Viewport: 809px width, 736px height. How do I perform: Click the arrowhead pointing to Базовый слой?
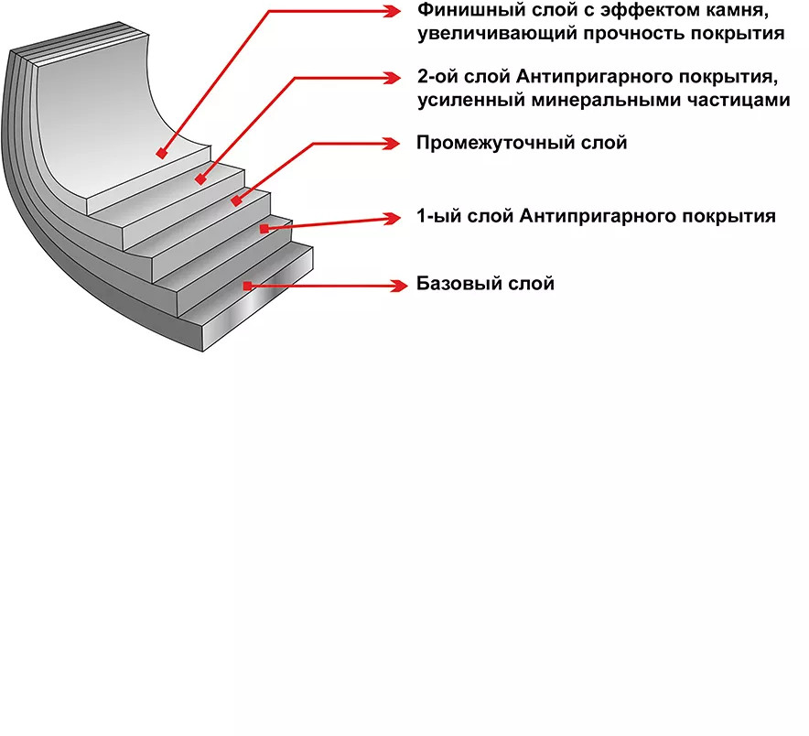click(396, 286)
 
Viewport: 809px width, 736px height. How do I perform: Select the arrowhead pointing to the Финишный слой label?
click(393, 12)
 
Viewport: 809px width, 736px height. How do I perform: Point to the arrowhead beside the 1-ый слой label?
click(394, 218)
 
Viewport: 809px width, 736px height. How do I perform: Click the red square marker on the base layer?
click(247, 286)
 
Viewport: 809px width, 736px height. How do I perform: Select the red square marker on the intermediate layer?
click(236, 200)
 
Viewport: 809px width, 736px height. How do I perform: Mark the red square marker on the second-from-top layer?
click(199, 179)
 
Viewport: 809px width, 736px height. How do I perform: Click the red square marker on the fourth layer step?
click(264, 228)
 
